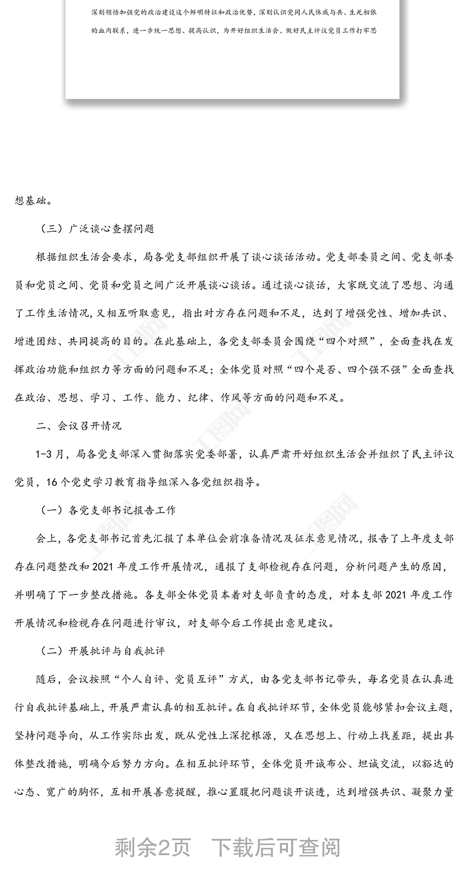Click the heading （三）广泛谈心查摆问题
coord(97,229)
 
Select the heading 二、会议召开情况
coord(78,426)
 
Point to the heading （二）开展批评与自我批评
coord(102,650)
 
